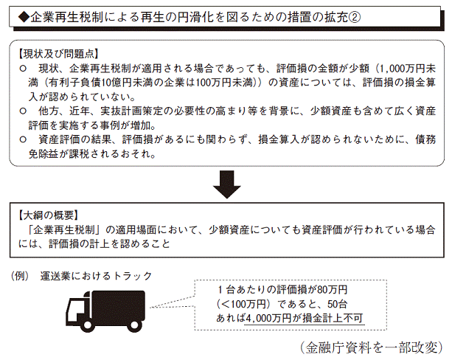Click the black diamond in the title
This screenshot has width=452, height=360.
click(x=24, y=18)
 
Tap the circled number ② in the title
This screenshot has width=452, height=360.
click(x=355, y=18)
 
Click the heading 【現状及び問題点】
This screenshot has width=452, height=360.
click(x=58, y=54)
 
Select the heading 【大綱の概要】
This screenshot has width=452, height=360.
click(x=48, y=215)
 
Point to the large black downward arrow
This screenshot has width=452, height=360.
click(x=227, y=184)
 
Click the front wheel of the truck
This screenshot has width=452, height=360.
click(x=87, y=325)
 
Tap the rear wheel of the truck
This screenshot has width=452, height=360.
click(x=134, y=325)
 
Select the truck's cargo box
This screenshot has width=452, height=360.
click(x=118, y=305)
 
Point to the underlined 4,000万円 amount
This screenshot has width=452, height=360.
click(x=268, y=318)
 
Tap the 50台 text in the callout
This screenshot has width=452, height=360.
click(x=337, y=304)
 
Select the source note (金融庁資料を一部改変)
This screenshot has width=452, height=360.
click(x=372, y=347)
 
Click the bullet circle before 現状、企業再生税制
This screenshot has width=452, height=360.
click(x=23, y=69)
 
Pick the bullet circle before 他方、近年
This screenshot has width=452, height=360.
click(x=23, y=111)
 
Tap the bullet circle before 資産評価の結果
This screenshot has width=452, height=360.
click(x=23, y=139)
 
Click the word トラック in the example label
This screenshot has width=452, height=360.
click(x=133, y=276)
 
